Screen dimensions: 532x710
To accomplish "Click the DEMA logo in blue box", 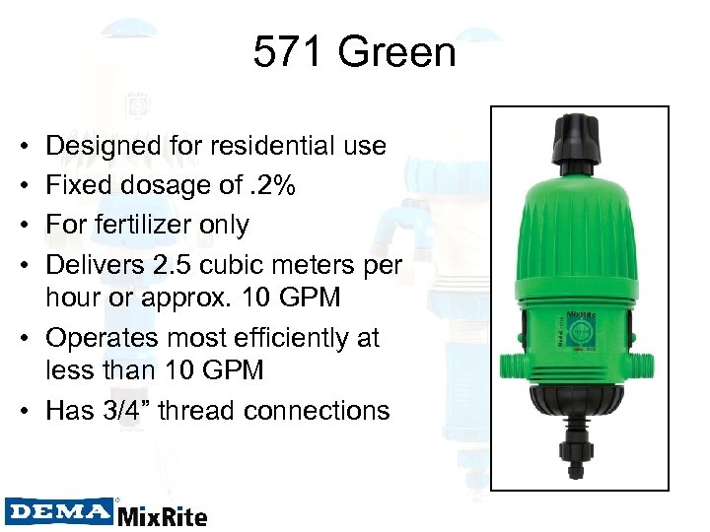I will coord(59,511).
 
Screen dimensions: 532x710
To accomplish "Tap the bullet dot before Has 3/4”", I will coord(24,410).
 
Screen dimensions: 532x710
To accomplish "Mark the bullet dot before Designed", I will coord(24,146).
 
